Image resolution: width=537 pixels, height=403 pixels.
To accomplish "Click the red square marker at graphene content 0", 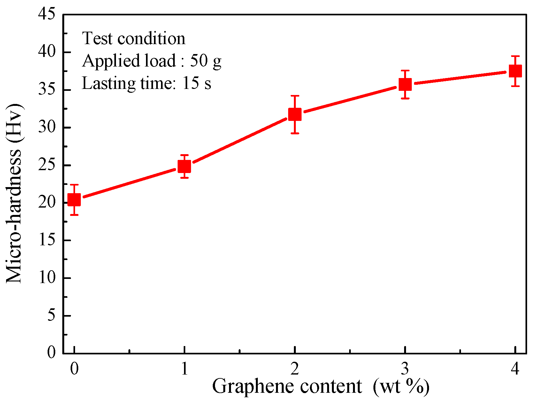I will [74, 200].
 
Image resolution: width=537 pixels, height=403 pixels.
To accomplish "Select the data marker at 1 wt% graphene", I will [184, 166].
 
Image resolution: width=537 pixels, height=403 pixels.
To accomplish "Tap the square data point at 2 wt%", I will [295, 114].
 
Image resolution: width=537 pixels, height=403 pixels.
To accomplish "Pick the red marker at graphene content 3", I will [405, 84].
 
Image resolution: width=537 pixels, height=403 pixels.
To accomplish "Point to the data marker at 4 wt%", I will [515, 71].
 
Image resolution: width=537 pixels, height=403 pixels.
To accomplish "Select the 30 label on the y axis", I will [47, 127].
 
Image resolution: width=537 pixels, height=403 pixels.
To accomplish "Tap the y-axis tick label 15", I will [47, 240].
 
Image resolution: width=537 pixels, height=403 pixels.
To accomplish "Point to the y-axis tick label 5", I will [51, 316].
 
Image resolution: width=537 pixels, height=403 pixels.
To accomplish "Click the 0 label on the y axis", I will [51, 353].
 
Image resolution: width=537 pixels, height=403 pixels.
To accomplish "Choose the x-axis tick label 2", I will [295, 369].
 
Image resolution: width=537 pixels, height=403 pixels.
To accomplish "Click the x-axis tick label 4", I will [515, 369].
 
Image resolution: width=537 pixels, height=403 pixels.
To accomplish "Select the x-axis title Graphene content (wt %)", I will [320, 386].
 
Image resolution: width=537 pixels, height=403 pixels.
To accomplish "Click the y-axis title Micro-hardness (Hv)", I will [14, 193].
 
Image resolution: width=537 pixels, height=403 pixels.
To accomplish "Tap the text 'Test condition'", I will [134, 38].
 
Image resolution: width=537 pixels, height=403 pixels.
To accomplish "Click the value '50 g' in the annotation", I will [206, 60].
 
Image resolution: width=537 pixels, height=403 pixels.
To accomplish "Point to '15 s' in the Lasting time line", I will [196, 83].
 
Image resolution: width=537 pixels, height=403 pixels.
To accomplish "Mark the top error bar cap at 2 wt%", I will [295, 96].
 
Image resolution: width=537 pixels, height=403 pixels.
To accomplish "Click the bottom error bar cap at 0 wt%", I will [74, 215].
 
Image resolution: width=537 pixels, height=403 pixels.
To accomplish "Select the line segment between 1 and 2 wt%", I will [240, 140].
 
